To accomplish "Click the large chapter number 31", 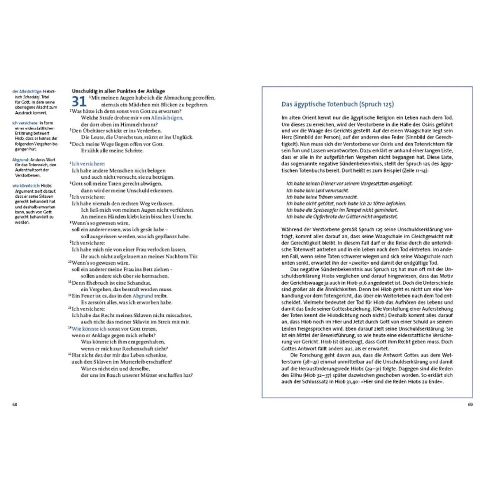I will click(x=79, y=102).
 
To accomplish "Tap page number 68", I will click(x=15, y=404).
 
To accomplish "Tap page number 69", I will click(x=470, y=404).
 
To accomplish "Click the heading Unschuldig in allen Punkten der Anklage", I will click(x=118, y=91).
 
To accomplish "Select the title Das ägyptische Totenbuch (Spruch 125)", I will click(x=337, y=104).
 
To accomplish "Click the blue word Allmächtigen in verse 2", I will click(x=167, y=118).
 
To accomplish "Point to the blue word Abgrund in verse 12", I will click(x=142, y=296).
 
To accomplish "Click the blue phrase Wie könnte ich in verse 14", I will click(x=89, y=329).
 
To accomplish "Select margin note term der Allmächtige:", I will click(x=27, y=91).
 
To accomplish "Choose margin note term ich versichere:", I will click(x=25, y=123).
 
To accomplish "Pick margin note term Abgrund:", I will click(x=20, y=160).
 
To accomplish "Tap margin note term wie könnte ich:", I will click(x=26, y=186).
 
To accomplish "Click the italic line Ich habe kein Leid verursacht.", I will click(x=318, y=190).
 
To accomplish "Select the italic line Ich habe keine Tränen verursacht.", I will click(x=322, y=197).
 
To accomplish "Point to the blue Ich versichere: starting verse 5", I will click(x=88, y=164).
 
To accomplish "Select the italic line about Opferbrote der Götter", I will click(x=342, y=217).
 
